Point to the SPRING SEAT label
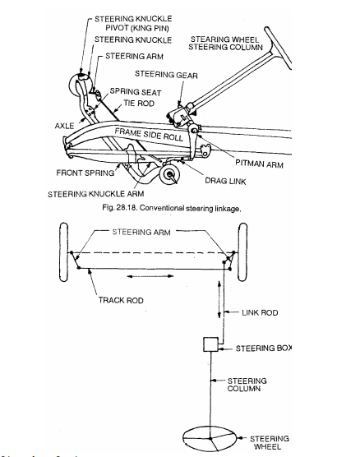[136, 92]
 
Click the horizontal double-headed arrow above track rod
[159, 278]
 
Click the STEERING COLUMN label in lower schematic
[245, 385]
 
